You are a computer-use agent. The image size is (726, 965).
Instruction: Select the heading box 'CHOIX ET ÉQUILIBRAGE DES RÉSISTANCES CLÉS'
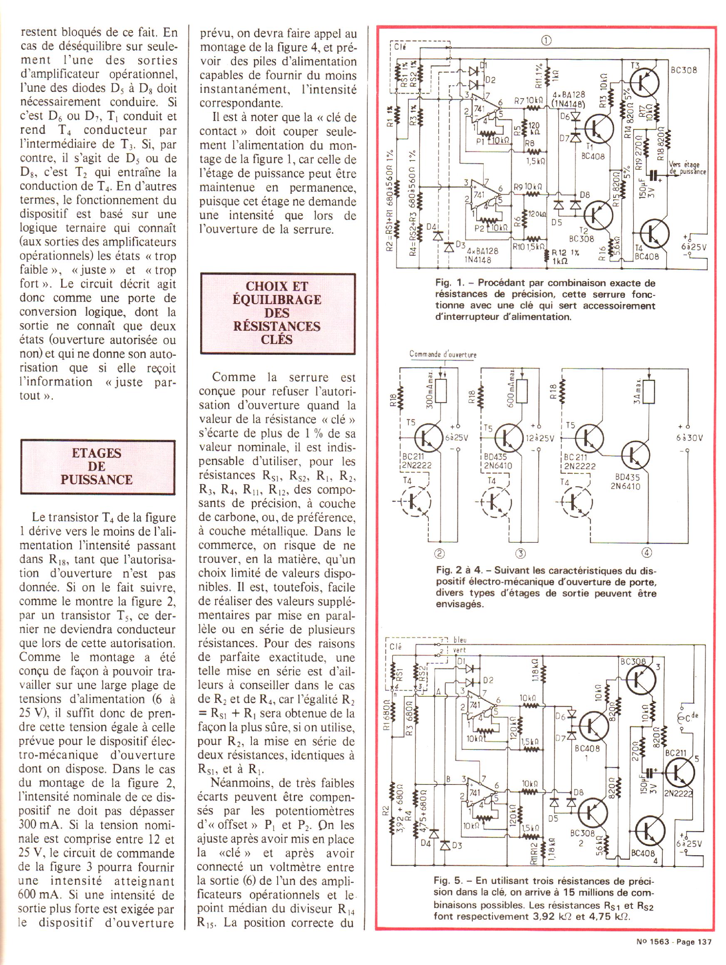pos(277,313)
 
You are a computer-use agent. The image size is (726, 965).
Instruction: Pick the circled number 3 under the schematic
pos(520,554)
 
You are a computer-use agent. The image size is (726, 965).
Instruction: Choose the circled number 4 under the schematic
pos(647,553)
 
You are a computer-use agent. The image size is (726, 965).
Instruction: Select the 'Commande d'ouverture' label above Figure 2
pos(443,355)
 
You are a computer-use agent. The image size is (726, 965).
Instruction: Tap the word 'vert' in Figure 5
pos(459,650)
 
